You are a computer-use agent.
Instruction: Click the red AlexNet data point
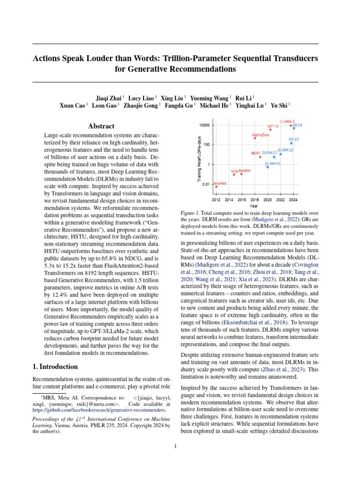pyautogui.click(x=216, y=187)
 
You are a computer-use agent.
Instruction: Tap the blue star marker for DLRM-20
pyautogui.click(x=268, y=167)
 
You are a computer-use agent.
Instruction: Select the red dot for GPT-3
pyautogui.click(x=270, y=130)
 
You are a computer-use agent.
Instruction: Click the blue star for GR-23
pyautogui.click(x=291, y=143)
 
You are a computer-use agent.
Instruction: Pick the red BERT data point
pyautogui.click(x=260, y=157)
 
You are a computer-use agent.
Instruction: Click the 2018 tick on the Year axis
pyautogui.click(x=255, y=200)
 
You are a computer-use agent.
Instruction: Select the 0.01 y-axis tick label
pyautogui.click(x=205, y=184)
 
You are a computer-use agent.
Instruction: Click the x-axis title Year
pyautogui.click(x=254, y=206)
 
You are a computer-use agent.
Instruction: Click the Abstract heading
pyautogui.click(x=101, y=126)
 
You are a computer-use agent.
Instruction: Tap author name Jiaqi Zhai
pyautogui.click(x=108, y=98)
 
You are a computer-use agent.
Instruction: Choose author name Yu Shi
pyautogui.click(x=280, y=105)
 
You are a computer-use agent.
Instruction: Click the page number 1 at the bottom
pyautogui.click(x=175, y=446)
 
